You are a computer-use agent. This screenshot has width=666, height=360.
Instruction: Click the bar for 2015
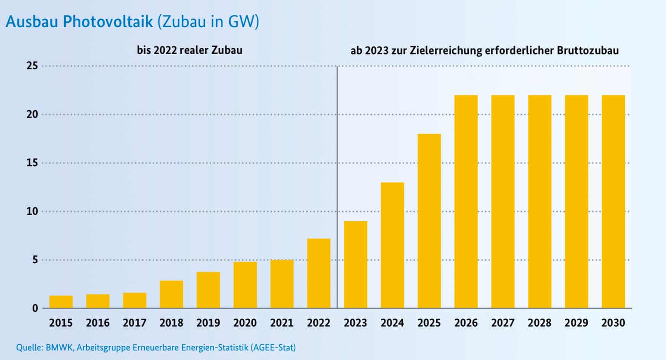click(61, 302)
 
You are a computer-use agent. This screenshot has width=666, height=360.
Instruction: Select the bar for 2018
click(171, 295)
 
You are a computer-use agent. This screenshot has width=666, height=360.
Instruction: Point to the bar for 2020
click(245, 285)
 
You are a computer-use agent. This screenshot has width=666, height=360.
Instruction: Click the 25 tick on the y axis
click(33, 66)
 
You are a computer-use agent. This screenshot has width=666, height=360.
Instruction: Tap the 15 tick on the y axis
click(33, 163)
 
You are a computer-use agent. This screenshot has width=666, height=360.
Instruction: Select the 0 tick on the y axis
click(35, 308)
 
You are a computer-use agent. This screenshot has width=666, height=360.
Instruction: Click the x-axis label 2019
click(208, 323)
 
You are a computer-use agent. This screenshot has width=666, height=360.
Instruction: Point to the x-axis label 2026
click(466, 323)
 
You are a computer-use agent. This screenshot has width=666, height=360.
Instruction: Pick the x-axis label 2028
click(539, 323)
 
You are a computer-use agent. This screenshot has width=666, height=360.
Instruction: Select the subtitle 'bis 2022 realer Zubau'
click(189, 50)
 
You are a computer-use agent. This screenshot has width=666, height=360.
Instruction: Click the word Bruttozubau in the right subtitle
click(588, 51)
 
